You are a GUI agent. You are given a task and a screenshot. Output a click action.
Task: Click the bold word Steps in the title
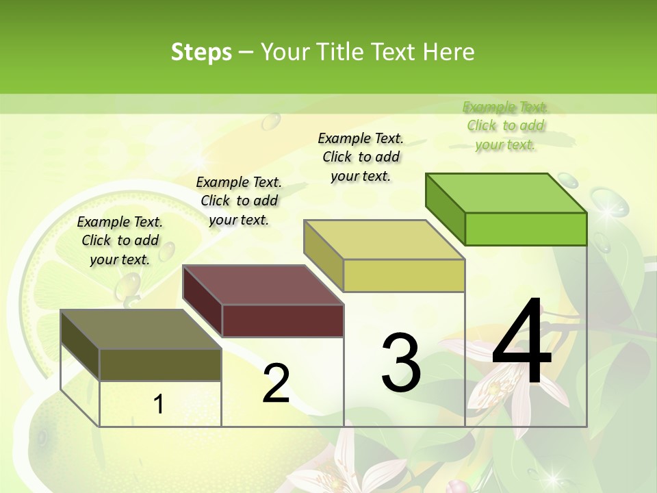pyautogui.click(x=201, y=52)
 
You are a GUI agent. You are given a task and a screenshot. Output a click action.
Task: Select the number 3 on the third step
pyautogui.click(x=401, y=362)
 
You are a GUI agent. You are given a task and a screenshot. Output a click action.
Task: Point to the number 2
pyautogui.click(x=276, y=383)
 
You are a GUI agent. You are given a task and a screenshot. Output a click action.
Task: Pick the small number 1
pyautogui.click(x=159, y=404)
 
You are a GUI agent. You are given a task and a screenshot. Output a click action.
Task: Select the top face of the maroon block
pyautogui.click(x=263, y=285)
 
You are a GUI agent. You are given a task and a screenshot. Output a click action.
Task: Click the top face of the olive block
pyautogui.click(x=141, y=329)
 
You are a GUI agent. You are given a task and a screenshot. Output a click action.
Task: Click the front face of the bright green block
pyautogui.click(x=526, y=229)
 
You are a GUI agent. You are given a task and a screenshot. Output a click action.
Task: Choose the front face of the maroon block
pyautogui.click(x=283, y=320)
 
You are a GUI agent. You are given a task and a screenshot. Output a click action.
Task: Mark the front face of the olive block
pyautogui.click(x=160, y=364)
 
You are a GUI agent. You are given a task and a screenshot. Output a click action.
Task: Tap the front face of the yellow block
pyautogui.click(x=404, y=275)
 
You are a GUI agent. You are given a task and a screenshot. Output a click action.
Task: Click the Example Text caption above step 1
pyautogui.click(x=120, y=240)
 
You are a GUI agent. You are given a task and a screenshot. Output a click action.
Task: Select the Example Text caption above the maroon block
pyautogui.click(x=239, y=201)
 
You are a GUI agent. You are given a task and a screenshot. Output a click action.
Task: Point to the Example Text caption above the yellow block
pyautogui.click(x=361, y=157)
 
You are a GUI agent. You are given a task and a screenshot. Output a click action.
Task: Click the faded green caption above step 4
pyautogui.click(x=506, y=125)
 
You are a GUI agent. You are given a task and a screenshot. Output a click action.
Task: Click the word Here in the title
pyautogui.click(x=449, y=52)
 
